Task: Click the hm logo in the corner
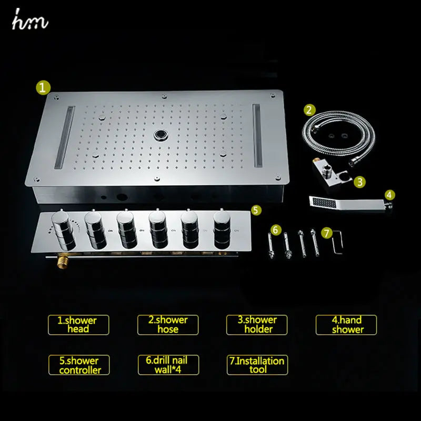[x=30, y=19]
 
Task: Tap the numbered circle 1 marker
[x=43, y=87]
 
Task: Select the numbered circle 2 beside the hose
[x=309, y=110]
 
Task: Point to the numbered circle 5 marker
[x=256, y=210]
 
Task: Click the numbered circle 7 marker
[x=327, y=233]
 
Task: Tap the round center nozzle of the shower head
[x=161, y=135]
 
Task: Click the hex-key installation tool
[x=337, y=242]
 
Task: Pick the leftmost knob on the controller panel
[x=63, y=230]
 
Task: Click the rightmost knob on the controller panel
[x=222, y=229]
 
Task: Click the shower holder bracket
[x=331, y=174]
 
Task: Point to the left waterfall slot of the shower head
[x=64, y=137]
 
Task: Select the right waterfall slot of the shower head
[x=257, y=135]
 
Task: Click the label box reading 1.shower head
[x=78, y=325]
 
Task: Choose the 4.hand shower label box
[x=346, y=325]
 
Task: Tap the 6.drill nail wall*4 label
[x=168, y=365]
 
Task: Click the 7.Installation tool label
[x=257, y=365]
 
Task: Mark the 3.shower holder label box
[x=257, y=325]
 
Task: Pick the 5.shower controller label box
[x=79, y=365]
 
